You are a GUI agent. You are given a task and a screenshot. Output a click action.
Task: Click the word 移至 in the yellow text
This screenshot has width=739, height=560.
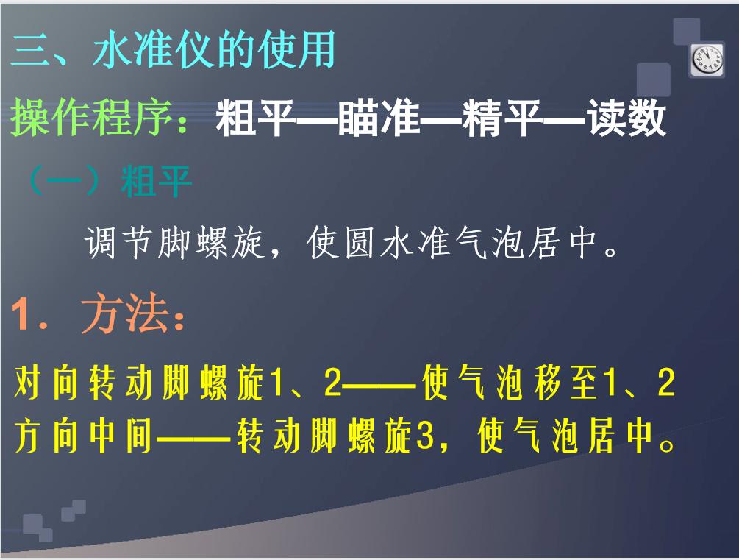click(566, 384)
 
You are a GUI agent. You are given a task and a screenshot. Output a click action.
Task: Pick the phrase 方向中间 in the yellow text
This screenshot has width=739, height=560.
click(83, 439)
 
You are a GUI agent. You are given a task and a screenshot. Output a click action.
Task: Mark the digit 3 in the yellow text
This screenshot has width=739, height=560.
click(421, 439)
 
